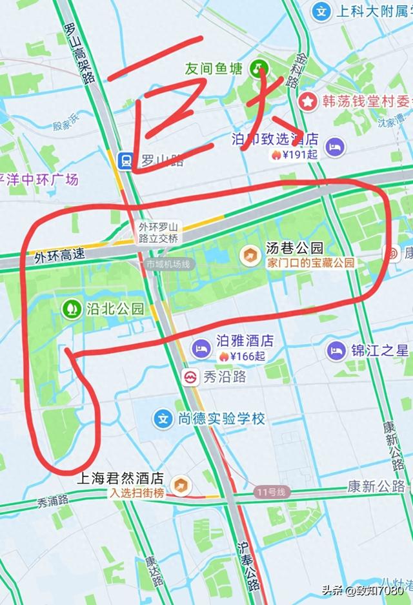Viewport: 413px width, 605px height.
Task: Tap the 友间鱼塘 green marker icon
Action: tap(260, 67)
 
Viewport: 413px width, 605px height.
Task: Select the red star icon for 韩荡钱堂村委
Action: tap(308, 100)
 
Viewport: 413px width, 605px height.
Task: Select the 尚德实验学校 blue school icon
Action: tap(164, 418)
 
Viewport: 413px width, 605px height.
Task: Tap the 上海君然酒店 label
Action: tap(120, 480)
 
